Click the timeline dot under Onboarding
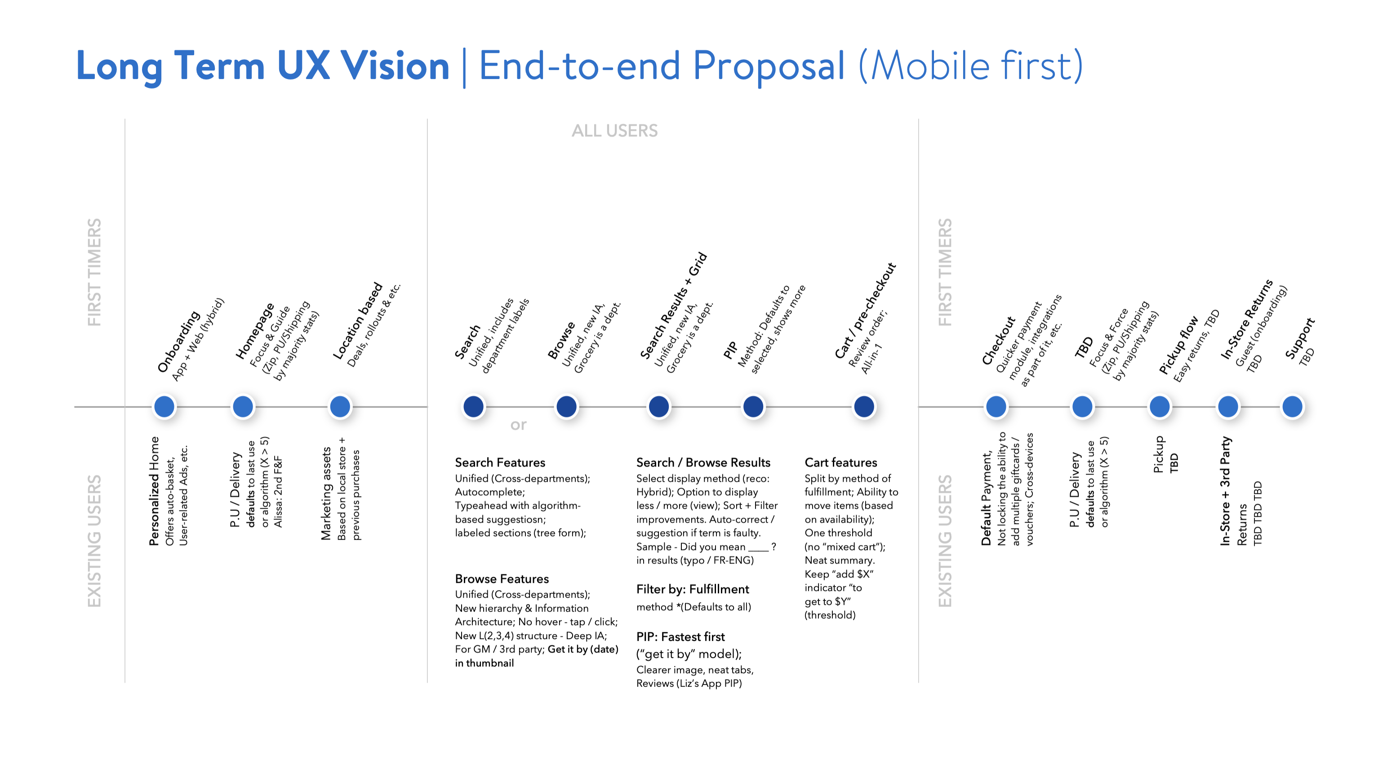pyautogui.click(x=164, y=406)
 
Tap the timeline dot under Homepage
pyautogui.click(x=243, y=406)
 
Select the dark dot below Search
pyautogui.click(x=473, y=406)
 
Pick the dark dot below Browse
pyautogui.click(x=566, y=406)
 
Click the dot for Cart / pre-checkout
pyautogui.click(x=864, y=406)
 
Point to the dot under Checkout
pyautogui.click(x=996, y=406)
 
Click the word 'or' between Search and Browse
pyautogui.click(x=518, y=425)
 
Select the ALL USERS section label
pyautogui.click(x=614, y=130)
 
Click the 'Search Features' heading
pyautogui.click(x=500, y=462)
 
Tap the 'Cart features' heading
pyautogui.click(x=840, y=462)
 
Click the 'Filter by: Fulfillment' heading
pyautogui.click(x=692, y=589)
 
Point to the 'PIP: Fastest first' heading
pyautogui.click(x=680, y=636)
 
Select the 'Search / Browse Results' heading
pyautogui.click(x=703, y=462)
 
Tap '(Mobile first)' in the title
pyautogui.click(x=970, y=66)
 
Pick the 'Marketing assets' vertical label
pyautogui.click(x=326, y=493)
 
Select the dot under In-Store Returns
pyautogui.click(x=1228, y=406)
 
